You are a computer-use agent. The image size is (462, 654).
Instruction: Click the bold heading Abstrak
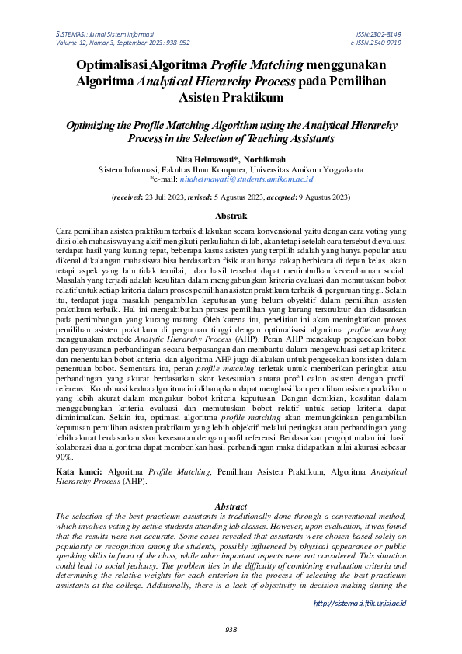[x=231, y=216]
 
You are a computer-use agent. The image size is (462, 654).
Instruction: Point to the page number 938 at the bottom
[x=231, y=629]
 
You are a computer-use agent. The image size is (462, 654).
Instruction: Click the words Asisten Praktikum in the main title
[x=231, y=98]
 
